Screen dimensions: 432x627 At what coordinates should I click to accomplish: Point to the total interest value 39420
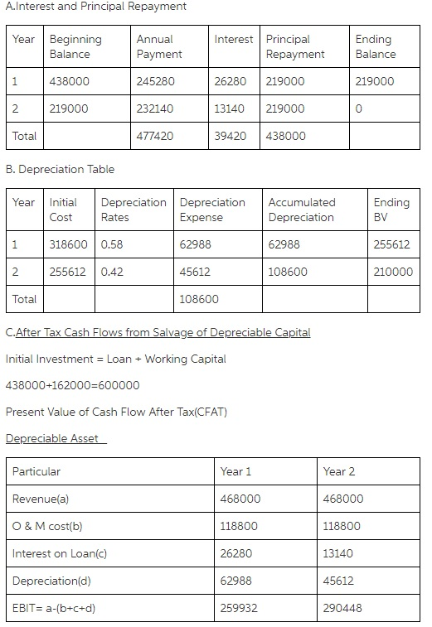click(x=230, y=135)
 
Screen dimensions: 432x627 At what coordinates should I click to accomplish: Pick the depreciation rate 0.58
click(x=112, y=245)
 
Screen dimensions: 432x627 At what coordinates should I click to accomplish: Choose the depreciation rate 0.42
click(x=112, y=272)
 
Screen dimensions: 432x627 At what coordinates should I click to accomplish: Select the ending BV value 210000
click(x=393, y=272)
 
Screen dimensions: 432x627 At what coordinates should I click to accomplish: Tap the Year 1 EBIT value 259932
click(x=240, y=607)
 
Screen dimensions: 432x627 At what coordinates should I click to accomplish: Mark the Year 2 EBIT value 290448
click(x=342, y=607)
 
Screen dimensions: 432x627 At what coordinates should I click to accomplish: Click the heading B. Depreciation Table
click(x=60, y=169)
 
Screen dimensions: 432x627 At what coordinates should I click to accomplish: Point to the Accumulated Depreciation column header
click(x=301, y=210)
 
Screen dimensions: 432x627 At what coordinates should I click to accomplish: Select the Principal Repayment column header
click(x=295, y=46)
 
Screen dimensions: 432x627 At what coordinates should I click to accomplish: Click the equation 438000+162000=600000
click(x=72, y=385)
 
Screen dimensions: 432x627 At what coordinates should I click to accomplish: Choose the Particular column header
click(x=36, y=471)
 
